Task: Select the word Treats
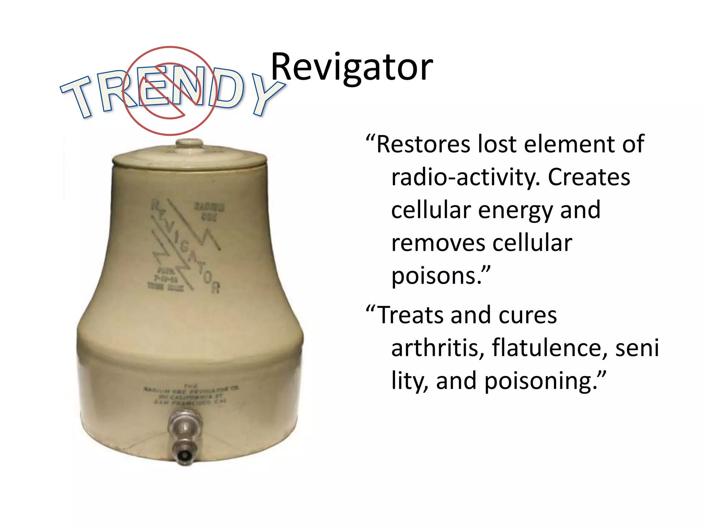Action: tap(410, 315)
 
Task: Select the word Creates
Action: tap(589, 178)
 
